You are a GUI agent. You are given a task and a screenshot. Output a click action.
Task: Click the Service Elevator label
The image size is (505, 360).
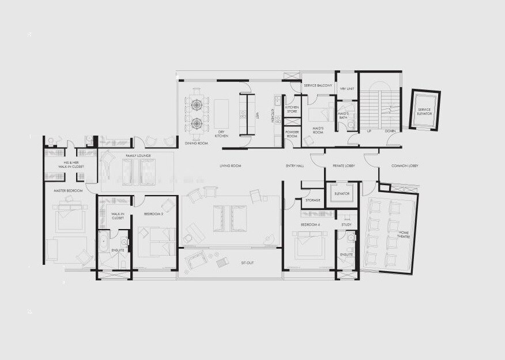pos(424,111)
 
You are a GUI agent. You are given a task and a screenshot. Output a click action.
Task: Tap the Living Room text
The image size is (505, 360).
pos(229,166)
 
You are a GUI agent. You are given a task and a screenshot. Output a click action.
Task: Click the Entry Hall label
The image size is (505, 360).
pos(295,166)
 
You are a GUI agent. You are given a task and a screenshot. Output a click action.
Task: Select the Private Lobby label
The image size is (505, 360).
pos(344,166)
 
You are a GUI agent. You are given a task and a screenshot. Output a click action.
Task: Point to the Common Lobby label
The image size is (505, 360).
pos(405,166)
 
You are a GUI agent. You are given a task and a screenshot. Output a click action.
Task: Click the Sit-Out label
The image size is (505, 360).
pos(247,263)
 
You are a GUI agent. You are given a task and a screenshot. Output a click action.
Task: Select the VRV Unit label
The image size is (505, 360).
pos(346,89)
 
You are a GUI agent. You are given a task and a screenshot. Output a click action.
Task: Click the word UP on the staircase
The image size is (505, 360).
pos(368,131)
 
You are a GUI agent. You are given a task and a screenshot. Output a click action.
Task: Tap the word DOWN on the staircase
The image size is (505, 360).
pos(390,131)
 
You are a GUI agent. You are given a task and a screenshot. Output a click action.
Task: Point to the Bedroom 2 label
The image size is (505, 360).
pos(154,214)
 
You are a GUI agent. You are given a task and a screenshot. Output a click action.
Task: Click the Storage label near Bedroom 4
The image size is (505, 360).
pos(313,200)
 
